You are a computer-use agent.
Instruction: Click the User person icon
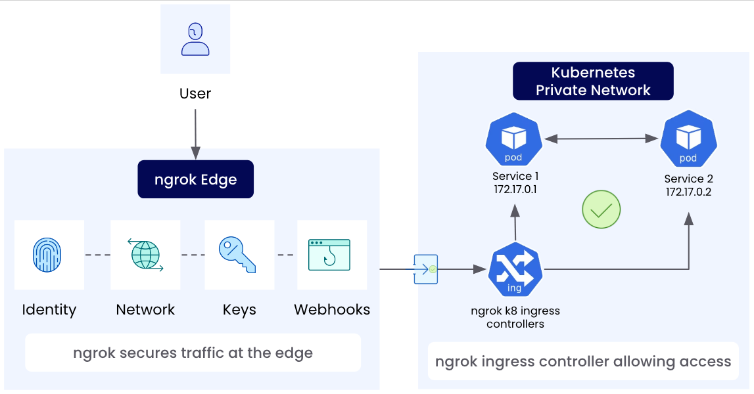(x=195, y=39)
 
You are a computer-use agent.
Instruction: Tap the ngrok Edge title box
(x=195, y=179)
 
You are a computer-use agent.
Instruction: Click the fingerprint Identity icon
(x=49, y=255)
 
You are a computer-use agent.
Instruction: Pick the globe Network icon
(x=145, y=255)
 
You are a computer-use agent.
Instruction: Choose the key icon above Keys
(x=239, y=255)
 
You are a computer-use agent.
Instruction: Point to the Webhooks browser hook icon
(x=329, y=255)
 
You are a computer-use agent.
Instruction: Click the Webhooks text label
(x=332, y=309)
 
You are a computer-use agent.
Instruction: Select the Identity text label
(x=49, y=309)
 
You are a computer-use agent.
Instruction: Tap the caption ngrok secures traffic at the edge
(x=193, y=353)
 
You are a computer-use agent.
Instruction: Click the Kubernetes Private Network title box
(x=593, y=81)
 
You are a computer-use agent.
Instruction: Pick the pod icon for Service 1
(x=513, y=141)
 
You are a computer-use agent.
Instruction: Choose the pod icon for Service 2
(x=688, y=141)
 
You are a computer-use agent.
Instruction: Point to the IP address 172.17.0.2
(x=688, y=192)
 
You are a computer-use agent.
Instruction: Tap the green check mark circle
(x=601, y=210)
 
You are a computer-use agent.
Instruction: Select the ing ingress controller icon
(x=515, y=269)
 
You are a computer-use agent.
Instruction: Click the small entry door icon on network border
(x=425, y=269)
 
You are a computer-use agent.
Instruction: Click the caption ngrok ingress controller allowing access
(x=583, y=361)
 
